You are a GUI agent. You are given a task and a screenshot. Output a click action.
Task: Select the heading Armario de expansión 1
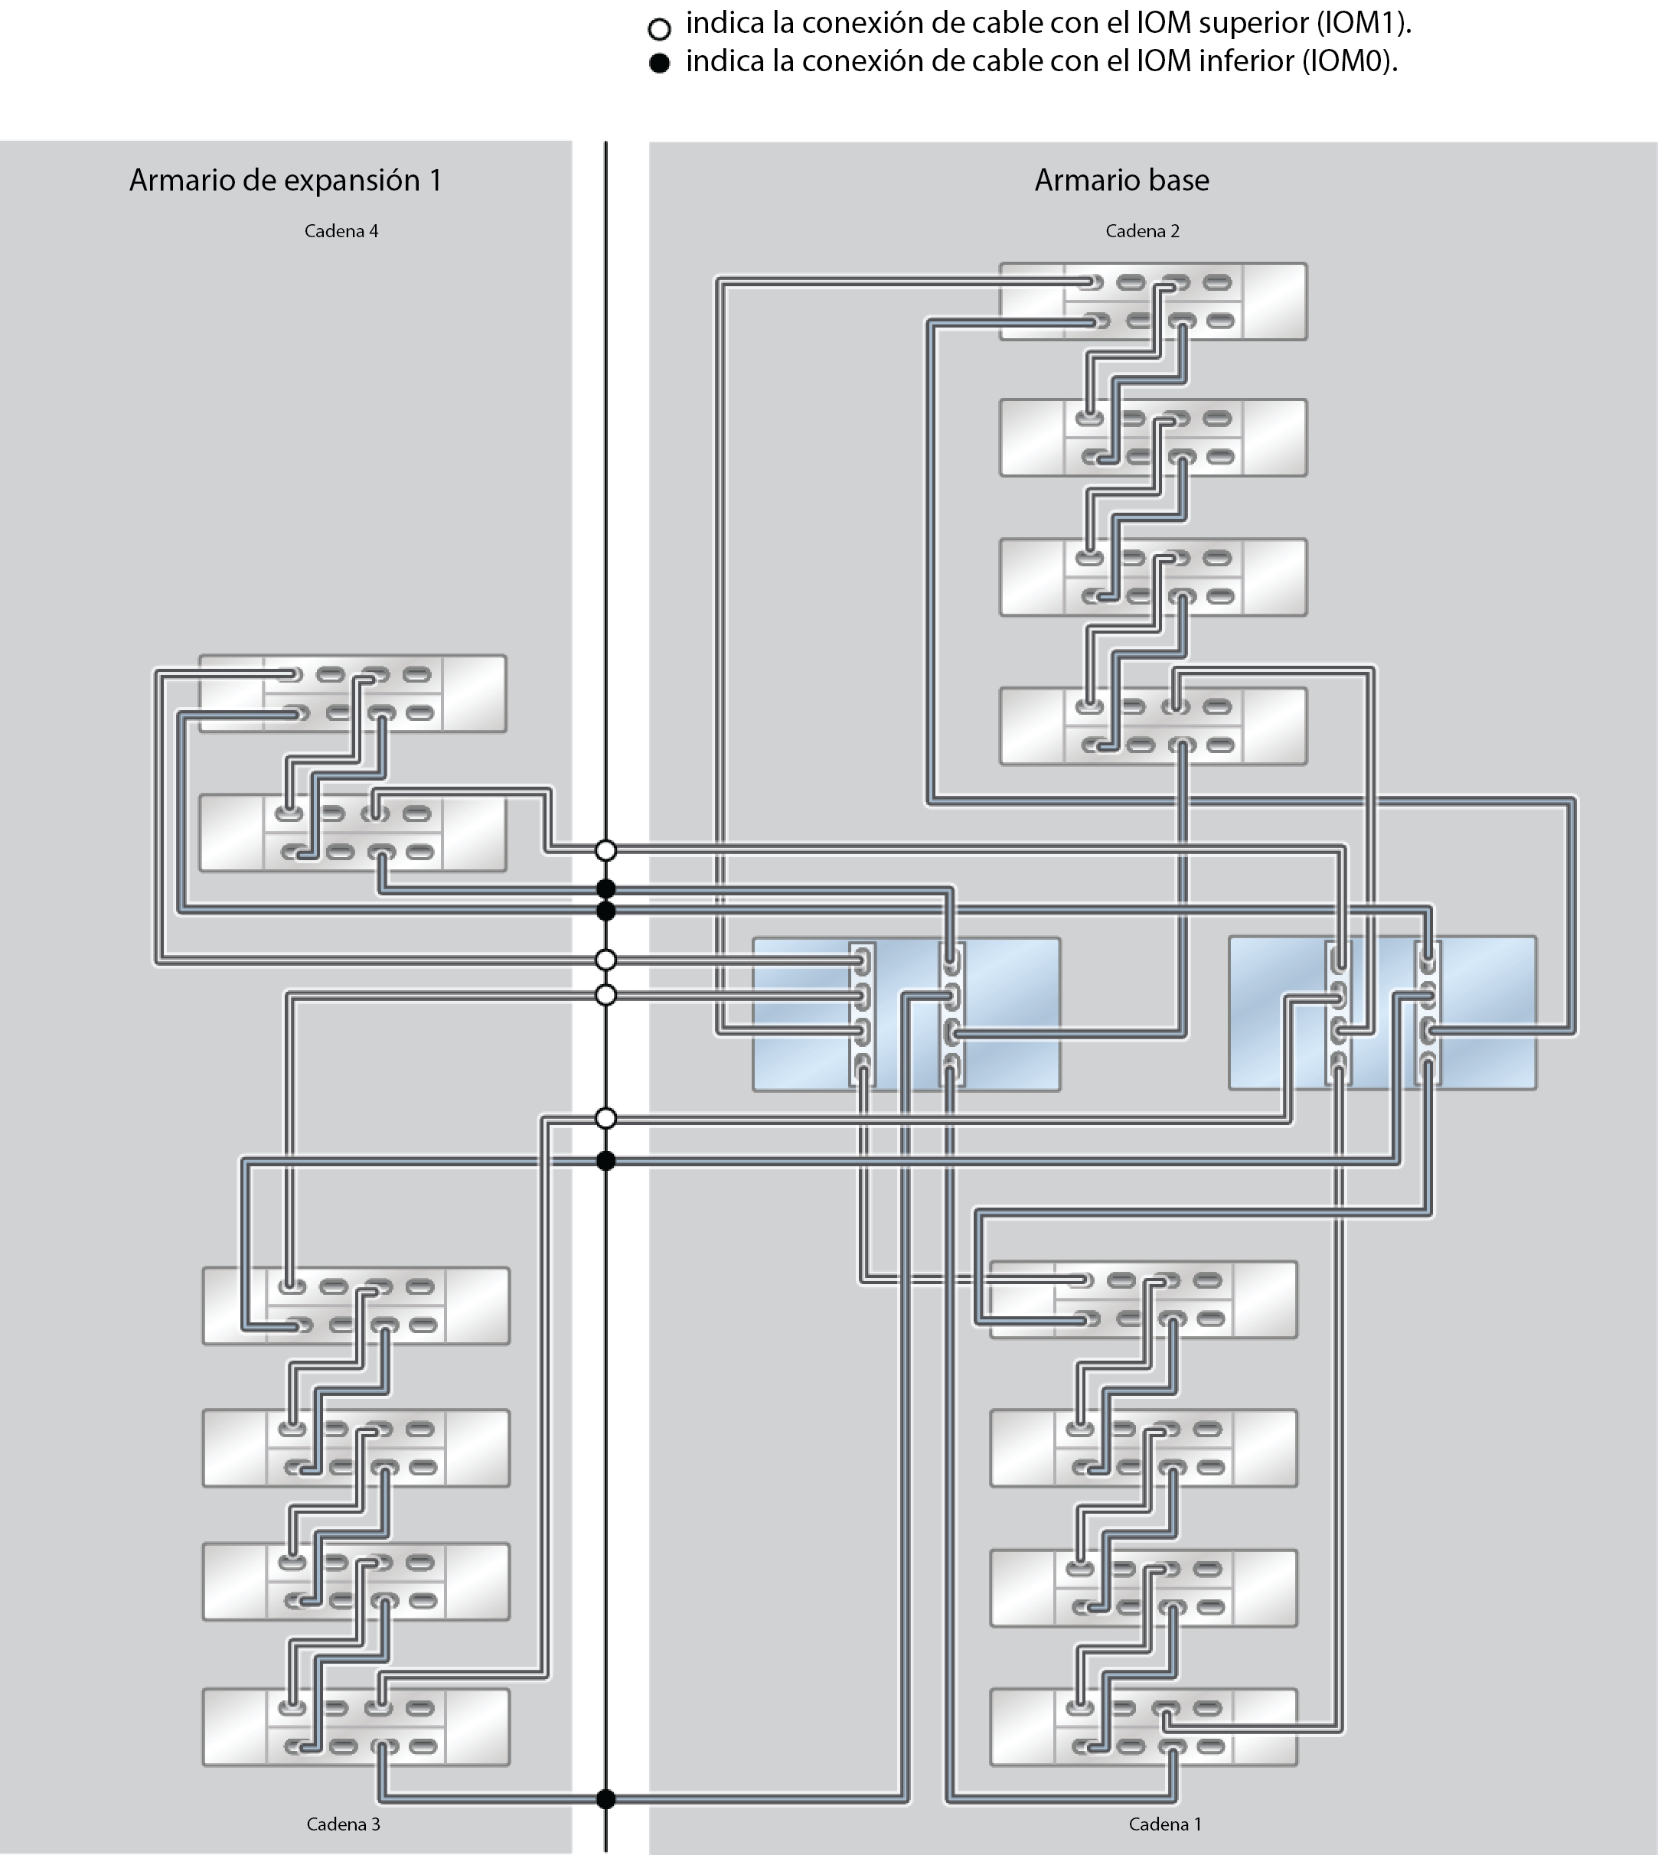coord(286,181)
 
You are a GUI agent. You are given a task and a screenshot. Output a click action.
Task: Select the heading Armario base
coord(1121,181)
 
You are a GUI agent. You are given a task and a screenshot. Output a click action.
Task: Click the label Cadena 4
coord(341,231)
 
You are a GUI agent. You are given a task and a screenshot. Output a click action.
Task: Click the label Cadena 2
coord(1141,231)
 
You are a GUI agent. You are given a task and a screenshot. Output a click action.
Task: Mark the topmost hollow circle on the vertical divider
coord(605,850)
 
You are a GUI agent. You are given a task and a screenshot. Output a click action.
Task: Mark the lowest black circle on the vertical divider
coord(605,1798)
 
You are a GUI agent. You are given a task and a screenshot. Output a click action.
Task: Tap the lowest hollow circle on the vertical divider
coord(605,1118)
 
